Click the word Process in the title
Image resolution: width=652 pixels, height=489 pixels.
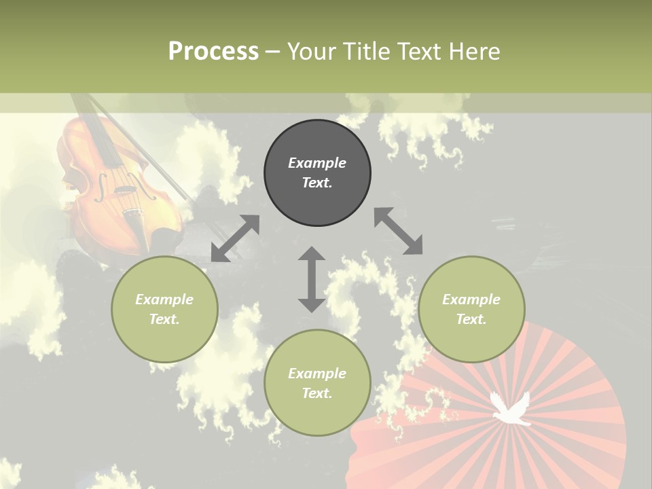[213, 52]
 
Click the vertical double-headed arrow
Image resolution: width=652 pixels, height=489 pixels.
[312, 279]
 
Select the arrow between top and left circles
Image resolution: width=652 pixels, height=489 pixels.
[235, 238]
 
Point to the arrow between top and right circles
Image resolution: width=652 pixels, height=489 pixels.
[398, 231]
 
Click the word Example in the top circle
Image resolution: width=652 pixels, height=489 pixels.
[317, 163]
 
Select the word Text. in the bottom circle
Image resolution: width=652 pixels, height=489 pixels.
[317, 393]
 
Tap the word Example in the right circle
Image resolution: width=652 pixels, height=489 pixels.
[471, 300]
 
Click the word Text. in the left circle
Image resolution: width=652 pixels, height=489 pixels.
[164, 319]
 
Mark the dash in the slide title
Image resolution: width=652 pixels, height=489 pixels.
[272, 52]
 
